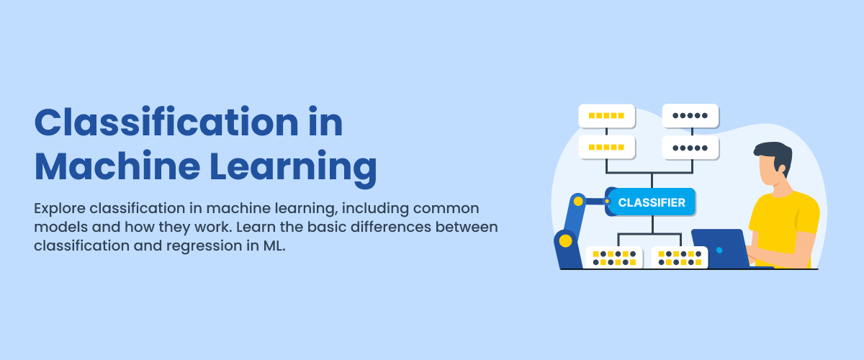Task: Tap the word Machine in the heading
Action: coord(117,167)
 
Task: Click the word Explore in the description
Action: coord(59,209)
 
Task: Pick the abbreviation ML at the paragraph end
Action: coord(274,246)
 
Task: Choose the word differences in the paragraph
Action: coord(390,227)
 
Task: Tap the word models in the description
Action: coord(60,227)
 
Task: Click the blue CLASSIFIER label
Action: coord(652,202)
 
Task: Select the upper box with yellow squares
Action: coord(607,116)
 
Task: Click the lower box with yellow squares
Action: coord(607,147)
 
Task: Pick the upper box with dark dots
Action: coord(690,116)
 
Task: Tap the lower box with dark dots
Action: coord(690,148)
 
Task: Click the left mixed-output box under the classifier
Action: coord(614,258)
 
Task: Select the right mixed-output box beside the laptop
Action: coord(680,258)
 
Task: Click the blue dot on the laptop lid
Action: coord(719,251)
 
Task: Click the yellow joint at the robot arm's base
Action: coord(565,240)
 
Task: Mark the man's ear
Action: coord(782,169)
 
